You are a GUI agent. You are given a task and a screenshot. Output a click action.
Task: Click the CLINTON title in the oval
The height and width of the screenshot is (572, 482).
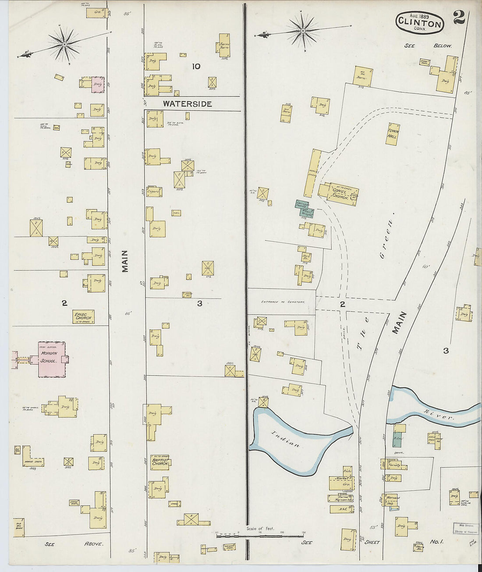pos(419,24)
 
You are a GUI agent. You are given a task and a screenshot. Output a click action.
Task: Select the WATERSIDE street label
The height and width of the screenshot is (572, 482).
pos(188,104)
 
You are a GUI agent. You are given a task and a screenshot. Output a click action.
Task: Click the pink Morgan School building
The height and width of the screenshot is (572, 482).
pos(52,359)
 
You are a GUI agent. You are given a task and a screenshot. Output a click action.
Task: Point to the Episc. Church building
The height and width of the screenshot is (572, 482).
pos(83,316)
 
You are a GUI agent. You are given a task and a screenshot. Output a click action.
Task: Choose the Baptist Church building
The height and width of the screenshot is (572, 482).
pos(160,462)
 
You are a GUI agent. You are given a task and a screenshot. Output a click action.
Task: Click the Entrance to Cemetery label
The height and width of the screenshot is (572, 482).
pos(283,302)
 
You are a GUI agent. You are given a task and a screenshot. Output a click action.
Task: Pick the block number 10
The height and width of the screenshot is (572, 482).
pos(196,66)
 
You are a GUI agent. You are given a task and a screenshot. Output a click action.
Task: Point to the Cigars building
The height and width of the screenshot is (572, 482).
pos(154,191)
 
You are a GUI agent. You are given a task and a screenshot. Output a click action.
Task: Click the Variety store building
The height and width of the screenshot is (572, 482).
pos(394,465)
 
